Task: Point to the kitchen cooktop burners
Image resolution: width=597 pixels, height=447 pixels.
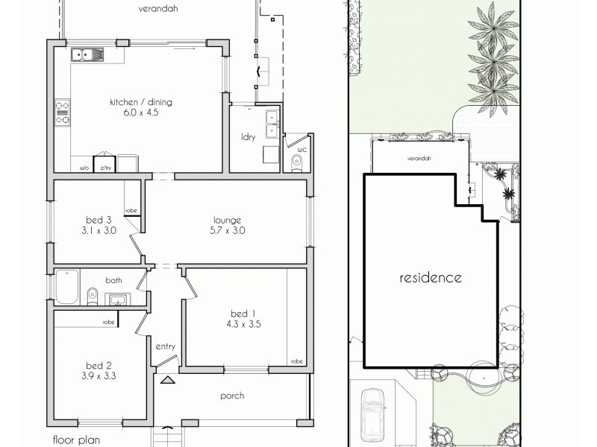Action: [61, 112]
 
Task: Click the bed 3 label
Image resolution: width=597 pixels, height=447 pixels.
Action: [99, 220]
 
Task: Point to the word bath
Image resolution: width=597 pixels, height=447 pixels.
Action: [113, 281]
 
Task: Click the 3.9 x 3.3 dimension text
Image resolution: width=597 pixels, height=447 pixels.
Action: [99, 376]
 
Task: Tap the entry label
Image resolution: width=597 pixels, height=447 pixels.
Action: [165, 346]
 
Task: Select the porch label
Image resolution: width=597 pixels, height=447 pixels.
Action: [233, 396]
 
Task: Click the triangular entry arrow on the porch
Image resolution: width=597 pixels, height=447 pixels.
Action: [168, 381]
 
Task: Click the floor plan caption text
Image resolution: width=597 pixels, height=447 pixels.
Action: [77, 440]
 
